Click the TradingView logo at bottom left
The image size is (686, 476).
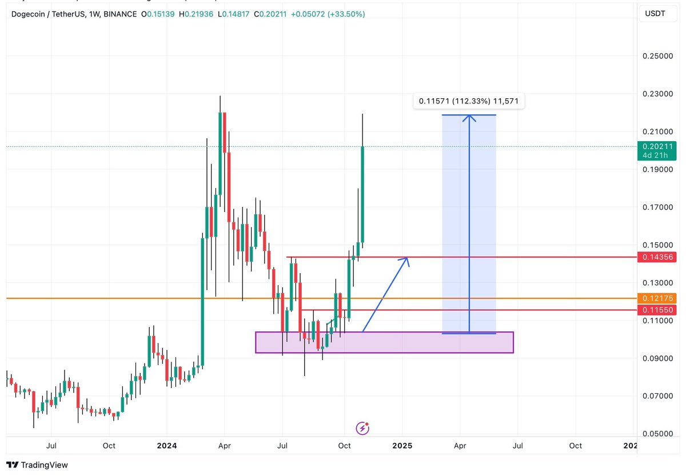(x=37, y=465)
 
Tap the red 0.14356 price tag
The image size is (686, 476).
(x=657, y=257)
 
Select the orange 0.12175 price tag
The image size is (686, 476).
(x=657, y=298)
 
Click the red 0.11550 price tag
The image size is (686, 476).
(x=657, y=310)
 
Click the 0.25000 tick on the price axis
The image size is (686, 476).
(x=658, y=57)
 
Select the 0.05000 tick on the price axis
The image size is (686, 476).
(x=658, y=434)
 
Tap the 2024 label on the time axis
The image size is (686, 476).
(x=166, y=446)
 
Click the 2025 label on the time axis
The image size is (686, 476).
(x=402, y=446)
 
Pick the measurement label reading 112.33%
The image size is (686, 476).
(x=469, y=101)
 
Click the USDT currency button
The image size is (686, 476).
(x=655, y=14)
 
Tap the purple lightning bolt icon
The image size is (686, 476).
(x=362, y=428)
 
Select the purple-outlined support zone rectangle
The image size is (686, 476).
(x=384, y=342)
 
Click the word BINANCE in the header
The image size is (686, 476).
(x=120, y=14)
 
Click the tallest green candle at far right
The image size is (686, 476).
(x=363, y=194)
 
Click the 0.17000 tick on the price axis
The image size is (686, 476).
(x=658, y=207)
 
